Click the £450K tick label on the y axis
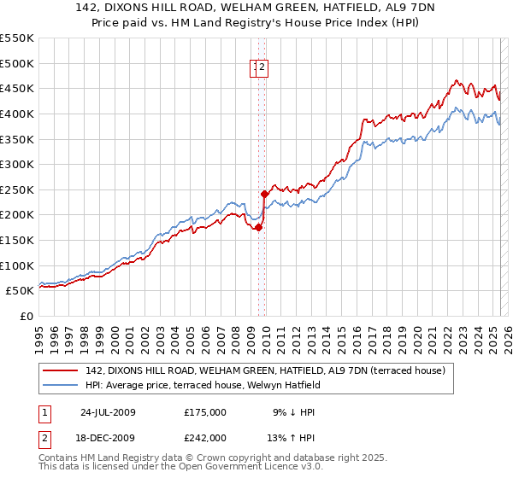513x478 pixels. (x=17, y=88)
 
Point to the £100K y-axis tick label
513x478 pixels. (x=17, y=265)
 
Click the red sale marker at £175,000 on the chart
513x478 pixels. (x=258, y=227)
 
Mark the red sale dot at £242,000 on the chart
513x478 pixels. (x=264, y=194)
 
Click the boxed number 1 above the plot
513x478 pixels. (x=255, y=69)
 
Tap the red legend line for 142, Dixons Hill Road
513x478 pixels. (x=61, y=370)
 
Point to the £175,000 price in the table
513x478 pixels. (x=205, y=412)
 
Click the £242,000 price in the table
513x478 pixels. (x=205, y=438)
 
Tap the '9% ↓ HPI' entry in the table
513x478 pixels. (x=293, y=412)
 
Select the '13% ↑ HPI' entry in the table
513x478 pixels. (x=293, y=438)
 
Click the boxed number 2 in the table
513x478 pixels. (x=44, y=438)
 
